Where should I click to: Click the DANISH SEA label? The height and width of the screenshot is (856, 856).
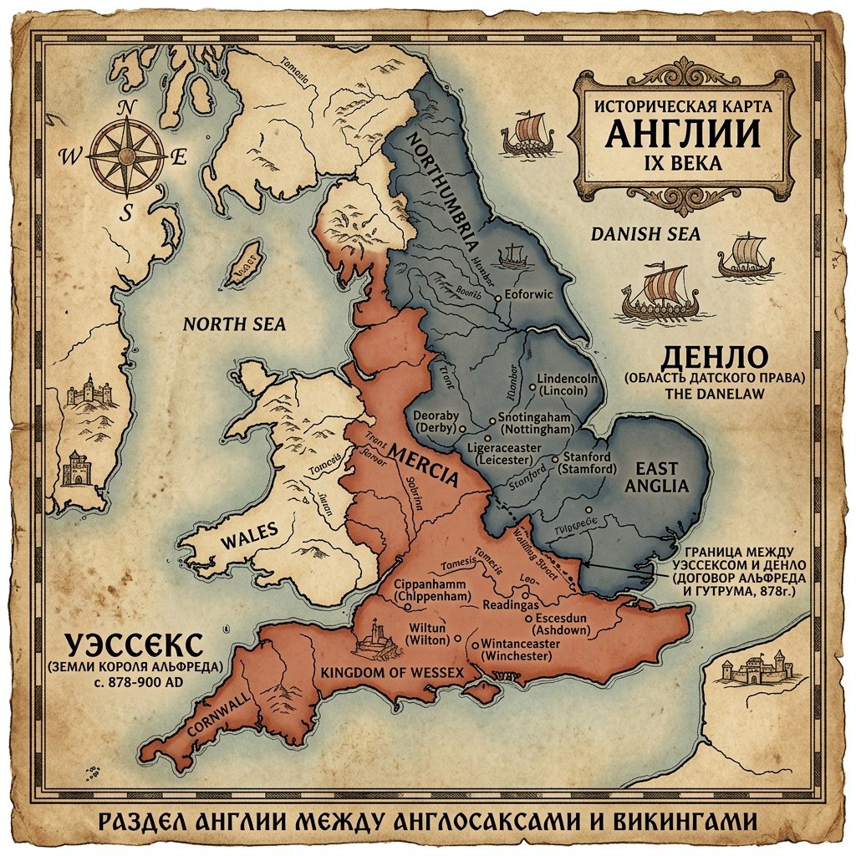coord(645,234)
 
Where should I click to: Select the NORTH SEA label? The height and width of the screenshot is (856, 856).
coord(234,324)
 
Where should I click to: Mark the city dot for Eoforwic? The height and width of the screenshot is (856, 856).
coord(498,297)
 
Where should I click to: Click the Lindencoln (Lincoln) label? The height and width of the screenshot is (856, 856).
coord(568,385)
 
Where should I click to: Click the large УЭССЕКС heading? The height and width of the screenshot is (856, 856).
coord(134,645)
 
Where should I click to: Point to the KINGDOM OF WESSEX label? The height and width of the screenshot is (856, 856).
coord(392,672)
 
